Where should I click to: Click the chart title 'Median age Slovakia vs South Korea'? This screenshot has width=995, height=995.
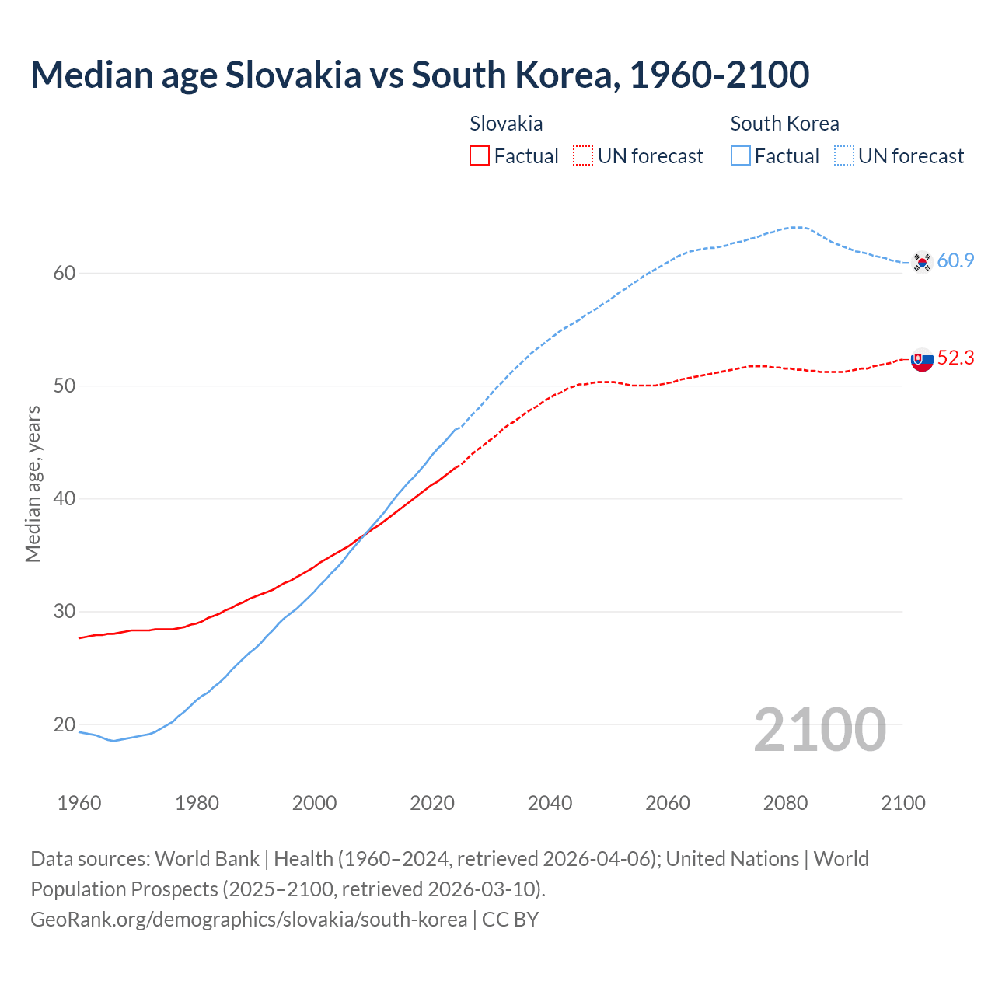(x=420, y=75)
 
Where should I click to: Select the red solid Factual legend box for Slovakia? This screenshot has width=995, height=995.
(x=480, y=156)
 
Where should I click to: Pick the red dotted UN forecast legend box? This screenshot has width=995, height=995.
(x=583, y=156)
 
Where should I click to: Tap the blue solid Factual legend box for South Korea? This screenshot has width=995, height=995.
(x=741, y=156)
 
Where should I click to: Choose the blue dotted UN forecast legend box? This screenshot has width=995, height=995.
(x=844, y=156)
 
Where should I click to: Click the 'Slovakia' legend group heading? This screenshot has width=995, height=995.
(x=506, y=124)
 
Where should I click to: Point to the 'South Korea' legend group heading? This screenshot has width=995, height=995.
(x=784, y=124)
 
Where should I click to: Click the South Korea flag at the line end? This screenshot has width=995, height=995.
(x=922, y=263)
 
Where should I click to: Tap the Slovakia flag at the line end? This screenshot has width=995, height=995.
(x=922, y=360)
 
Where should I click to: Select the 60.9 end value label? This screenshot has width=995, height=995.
(x=955, y=261)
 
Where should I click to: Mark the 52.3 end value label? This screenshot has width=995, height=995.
(x=955, y=358)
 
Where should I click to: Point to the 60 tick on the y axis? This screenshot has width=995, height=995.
(x=65, y=273)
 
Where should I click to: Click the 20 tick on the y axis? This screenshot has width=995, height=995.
(x=65, y=724)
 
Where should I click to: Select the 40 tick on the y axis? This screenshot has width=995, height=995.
(x=65, y=498)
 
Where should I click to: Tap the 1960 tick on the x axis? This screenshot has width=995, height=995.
(x=79, y=803)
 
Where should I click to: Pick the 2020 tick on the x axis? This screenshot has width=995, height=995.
(x=432, y=803)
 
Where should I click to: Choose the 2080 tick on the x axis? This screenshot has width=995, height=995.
(x=785, y=803)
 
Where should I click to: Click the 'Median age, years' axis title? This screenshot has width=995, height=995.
(x=33, y=484)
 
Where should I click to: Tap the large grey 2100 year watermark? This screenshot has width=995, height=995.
(x=820, y=729)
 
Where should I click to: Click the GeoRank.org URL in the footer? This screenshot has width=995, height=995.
(x=249, y=920)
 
